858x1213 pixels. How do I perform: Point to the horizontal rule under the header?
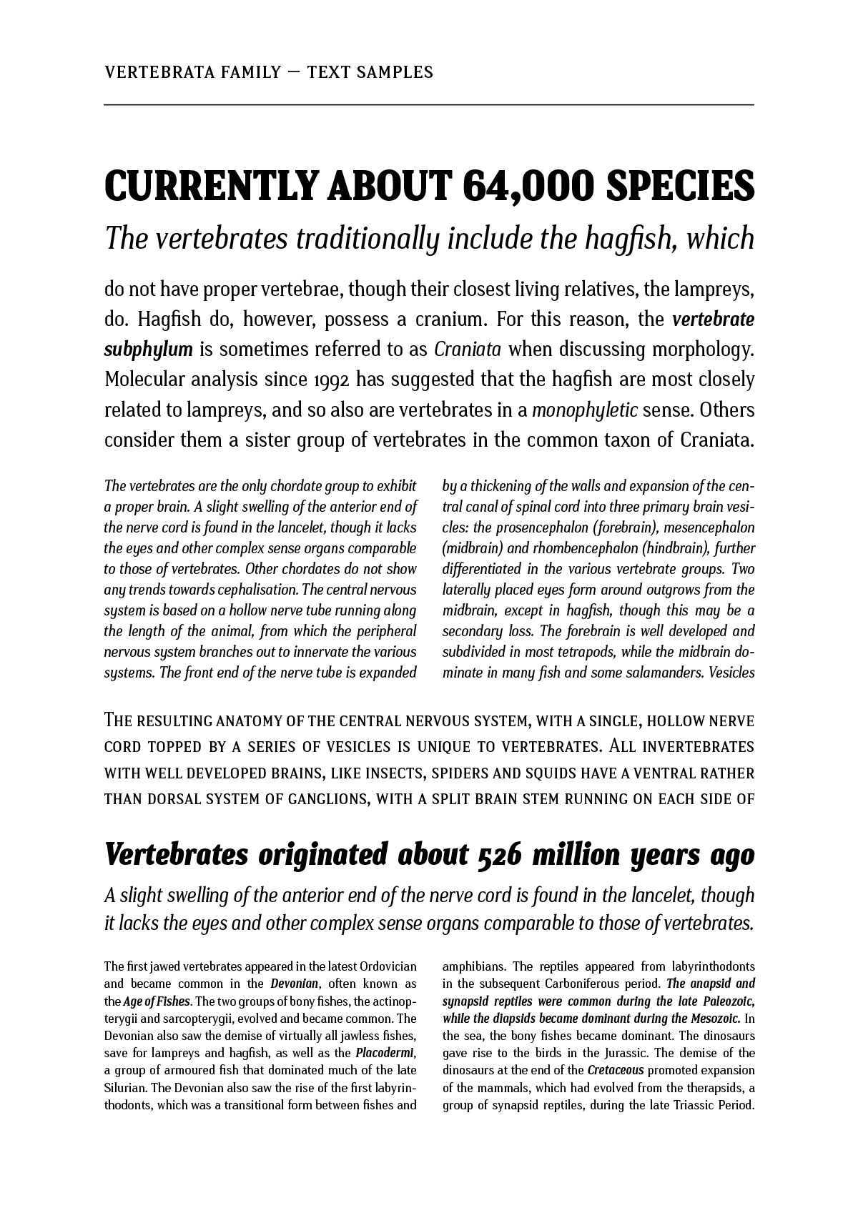[429, 105]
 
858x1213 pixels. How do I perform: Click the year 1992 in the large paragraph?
[331, 380]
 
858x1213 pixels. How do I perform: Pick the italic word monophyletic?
[585, 411]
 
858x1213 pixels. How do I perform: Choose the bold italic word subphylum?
[149, 350]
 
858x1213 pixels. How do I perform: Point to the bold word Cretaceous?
[616, 1070]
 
